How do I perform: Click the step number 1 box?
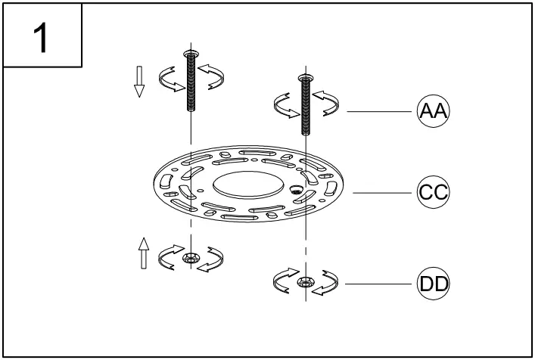[x=42, y=38]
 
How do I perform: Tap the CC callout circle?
[x=434, y=192]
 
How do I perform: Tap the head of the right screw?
[x=305, y=77]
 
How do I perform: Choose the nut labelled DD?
[x=304, y=283]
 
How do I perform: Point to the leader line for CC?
[x=383, y=192]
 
